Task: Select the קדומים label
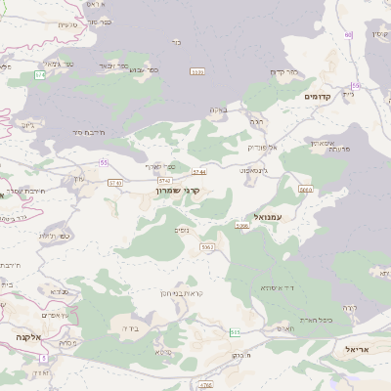coord(320,97)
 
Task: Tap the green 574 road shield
coord(40,74)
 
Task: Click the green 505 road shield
coord(235,332)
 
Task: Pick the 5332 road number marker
coord(197,71)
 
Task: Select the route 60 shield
coord(348,34)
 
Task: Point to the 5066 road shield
coord(242,225)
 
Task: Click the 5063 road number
coord(206,247)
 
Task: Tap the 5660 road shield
coord(306,190)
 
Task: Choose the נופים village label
coord(182,230)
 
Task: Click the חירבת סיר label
coord(88,131)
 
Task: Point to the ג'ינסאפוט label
coord(252,170)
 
